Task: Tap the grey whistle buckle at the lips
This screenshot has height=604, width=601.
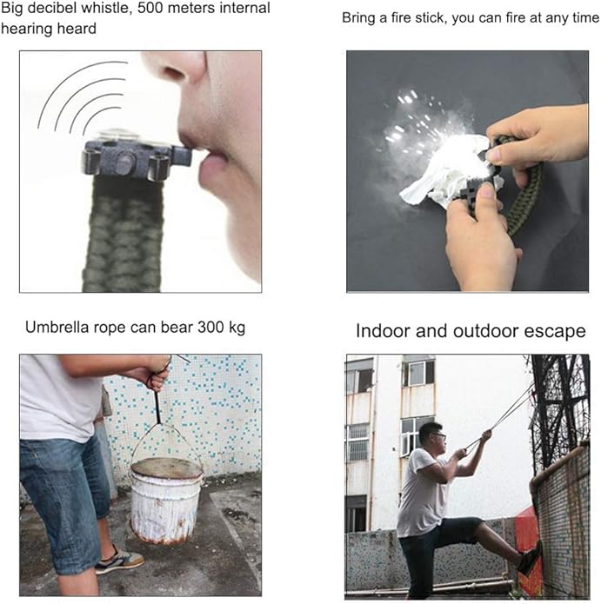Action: [137, 158]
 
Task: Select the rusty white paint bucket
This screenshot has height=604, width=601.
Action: [166, 500]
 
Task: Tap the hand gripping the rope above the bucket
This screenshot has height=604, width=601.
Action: [157, 375]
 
